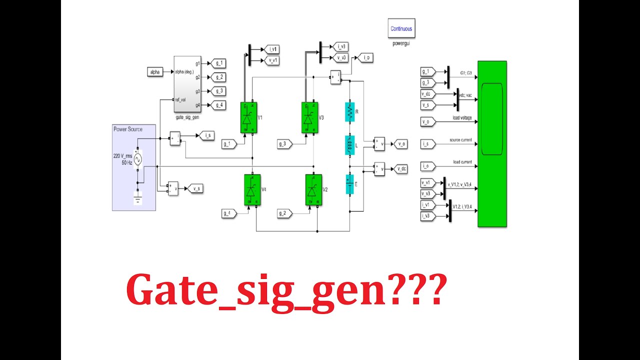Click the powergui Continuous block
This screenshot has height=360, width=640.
pos(401,28)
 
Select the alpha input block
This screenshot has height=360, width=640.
pos(155,72)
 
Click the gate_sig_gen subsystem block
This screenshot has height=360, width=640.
pos(187,84)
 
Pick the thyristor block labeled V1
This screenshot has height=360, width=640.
pos(248,118)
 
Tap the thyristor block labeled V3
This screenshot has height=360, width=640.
pos(309,118)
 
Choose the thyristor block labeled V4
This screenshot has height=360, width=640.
pos(252,189)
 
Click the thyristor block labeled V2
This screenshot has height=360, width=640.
pos(313,189)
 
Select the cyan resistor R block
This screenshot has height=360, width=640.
pos(350,112)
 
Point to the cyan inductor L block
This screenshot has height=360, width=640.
pos(350,144)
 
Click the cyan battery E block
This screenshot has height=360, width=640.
pos(350,184)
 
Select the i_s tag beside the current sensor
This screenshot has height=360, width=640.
pos(207,135)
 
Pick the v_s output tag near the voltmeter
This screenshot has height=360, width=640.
pos(194,188)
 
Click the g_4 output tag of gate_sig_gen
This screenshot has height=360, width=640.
pos(219,105)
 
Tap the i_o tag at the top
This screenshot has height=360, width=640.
pos(366,57)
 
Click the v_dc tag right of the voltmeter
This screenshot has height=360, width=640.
pos(401,168)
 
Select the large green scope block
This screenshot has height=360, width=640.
pos(492,144)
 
